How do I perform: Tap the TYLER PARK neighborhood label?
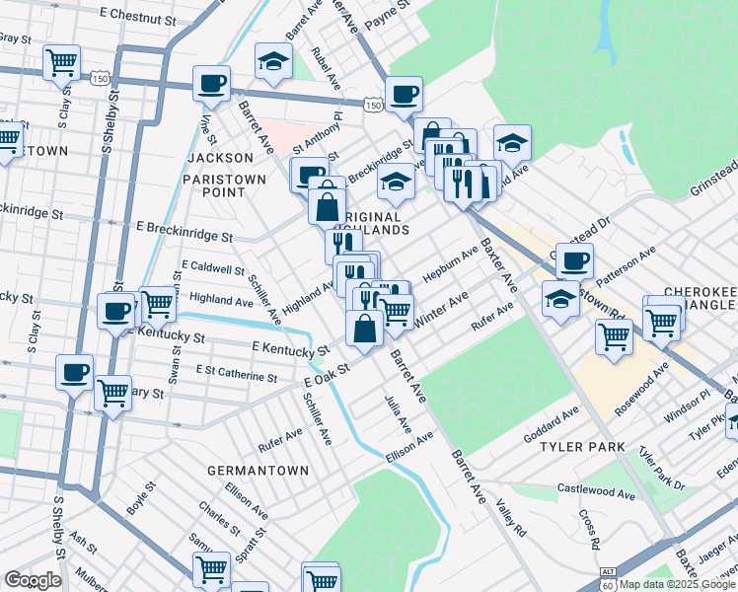point(582,447)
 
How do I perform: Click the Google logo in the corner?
point(33,580)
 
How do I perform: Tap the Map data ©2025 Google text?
point(676,584)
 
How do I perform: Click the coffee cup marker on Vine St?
point(210,84)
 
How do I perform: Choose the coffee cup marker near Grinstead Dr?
point(574,261)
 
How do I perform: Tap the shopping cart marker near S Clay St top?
point(61,62)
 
